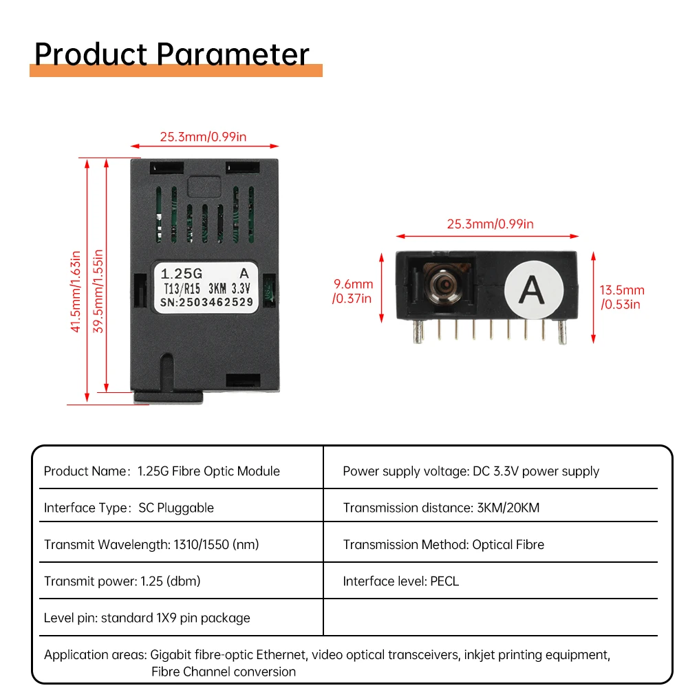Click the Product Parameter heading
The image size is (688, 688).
[x=172, y=54]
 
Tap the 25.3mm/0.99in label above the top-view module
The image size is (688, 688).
[x=203, y=136]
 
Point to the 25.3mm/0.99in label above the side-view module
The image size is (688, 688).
[x=490, y=224]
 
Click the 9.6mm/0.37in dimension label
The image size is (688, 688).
[x=353, y=291]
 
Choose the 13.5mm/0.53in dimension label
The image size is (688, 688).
[x=623, y=297]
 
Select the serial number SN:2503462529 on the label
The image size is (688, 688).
[x=206, y=301]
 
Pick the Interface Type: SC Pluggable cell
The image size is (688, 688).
[x=129, y=508]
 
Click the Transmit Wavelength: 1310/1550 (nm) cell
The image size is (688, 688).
[x=151, y=544]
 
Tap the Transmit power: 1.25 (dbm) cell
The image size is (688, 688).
[x=122, y=581]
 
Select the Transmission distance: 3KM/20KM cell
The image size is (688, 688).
[x=441, y=508]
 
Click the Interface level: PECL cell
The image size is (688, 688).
[x=400, y=581]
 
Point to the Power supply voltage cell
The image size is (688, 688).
[x=471, y=471]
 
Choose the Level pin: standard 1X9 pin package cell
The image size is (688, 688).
[x=147, y=617]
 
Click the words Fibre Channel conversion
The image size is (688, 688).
[x=224, y=671]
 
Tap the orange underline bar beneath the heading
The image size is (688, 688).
[x=176, y=70]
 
